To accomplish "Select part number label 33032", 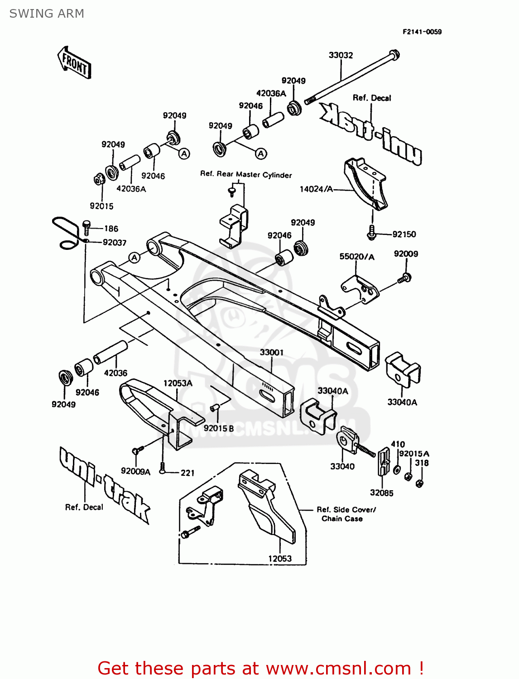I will (341, 55).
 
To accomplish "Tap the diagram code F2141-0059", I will (422, 32).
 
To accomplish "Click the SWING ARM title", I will (47, 14).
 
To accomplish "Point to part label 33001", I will (272, 352).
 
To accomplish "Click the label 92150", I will (404, 234).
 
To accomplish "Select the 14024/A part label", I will (316, 189).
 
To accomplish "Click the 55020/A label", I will (357, 257).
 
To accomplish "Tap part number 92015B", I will (219, 428).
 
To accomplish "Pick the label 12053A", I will (178, 383).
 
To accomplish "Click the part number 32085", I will (381, 493).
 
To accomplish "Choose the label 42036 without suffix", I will (115, 373).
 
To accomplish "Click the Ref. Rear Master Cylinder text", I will (246, 175).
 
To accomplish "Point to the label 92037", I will (115, 243).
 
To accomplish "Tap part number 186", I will (111, 229).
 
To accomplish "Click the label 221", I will (187, 473).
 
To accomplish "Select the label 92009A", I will (135, 471).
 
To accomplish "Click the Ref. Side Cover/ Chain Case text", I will (346, 514).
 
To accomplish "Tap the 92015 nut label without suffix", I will (101, 206).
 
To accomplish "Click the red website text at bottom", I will (260, 668).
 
